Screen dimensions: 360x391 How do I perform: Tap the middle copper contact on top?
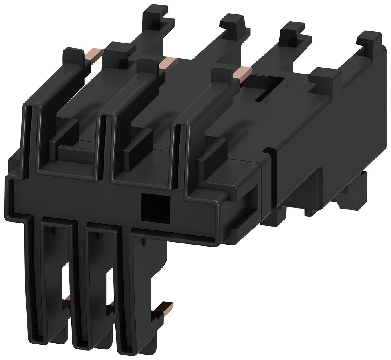pyautogui.click(x=168, y=63)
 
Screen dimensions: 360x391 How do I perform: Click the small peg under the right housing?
pyautogui.click(x=309, y=212)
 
